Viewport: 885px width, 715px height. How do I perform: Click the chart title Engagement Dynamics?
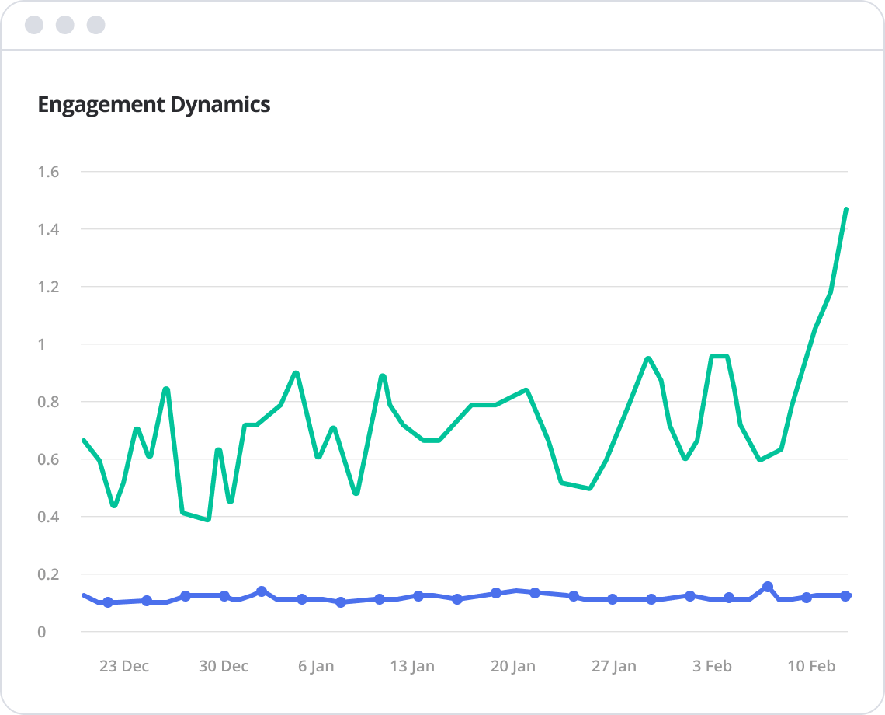pyautogui.click(x=154, y=105)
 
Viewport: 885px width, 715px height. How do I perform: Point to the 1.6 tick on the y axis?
pyautogui.click(x=48, y=172)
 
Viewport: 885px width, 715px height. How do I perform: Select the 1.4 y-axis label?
pyautogui.click(x=48, y=229)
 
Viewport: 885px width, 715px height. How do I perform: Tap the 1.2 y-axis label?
pyautogui.click(x=48, y=287)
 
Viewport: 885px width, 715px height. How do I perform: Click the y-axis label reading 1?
pyautogui.click(x=42, y=344)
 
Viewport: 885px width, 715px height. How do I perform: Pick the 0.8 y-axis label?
pyautogui.click(x=48, y=402)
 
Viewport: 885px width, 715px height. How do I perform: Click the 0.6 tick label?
pyautogui.click(x=48, y=459)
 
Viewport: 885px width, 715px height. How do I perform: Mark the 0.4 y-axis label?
pyautogui.click(x=48, y=517)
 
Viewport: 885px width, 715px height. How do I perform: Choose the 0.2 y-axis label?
pyautogui.click(x=48, y=574)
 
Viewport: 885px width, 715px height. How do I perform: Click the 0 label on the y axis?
pyautogui.click(x=42, y=632)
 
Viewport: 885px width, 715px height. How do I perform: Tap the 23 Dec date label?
pyautogui.click(x=124, y=666)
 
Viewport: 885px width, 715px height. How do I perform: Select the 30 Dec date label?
pyautogui.click(x=224, y=666)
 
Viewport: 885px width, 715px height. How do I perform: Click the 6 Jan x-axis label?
pyautogui.click(x=316, y=666)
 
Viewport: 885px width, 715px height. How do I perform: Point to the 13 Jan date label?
pyautogui.click(x=412, y=666)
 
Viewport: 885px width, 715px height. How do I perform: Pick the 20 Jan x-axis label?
pyautogui.click(x=513, y=666)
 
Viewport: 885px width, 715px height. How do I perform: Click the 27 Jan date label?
pyautogui.click(x=613, y=666)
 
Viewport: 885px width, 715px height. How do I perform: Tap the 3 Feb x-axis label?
pyautogui.click(x=712, y=666)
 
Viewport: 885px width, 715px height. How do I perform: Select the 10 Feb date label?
pyautogui.click(x=811, y=666)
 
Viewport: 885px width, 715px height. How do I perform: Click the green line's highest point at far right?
pyautogui.click(x=845, y=209)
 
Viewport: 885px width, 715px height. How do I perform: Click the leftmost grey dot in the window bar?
pyautogui.click(x=34, y=25)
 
